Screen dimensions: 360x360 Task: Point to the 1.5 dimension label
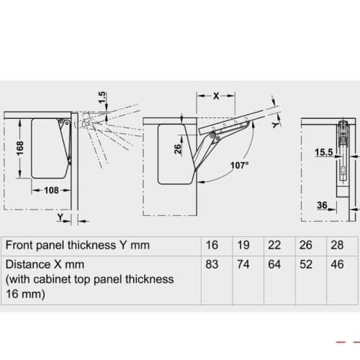point(103,96)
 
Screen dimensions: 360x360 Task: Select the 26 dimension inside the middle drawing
point(176,150)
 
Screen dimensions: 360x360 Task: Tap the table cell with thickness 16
point(212,246)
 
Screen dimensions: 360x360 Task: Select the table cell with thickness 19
point(243,246)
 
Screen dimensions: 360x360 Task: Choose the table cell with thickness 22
point(274,246)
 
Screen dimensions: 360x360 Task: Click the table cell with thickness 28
point(336,246)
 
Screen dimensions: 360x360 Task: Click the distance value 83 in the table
point(212,264)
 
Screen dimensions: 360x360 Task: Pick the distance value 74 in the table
point(243,264)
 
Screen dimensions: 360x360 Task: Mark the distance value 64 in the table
point(274,264)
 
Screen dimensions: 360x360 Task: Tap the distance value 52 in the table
point(305,264)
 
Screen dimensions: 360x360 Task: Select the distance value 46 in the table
point(336,264)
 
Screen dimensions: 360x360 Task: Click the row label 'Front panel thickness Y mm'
point(76,246)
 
